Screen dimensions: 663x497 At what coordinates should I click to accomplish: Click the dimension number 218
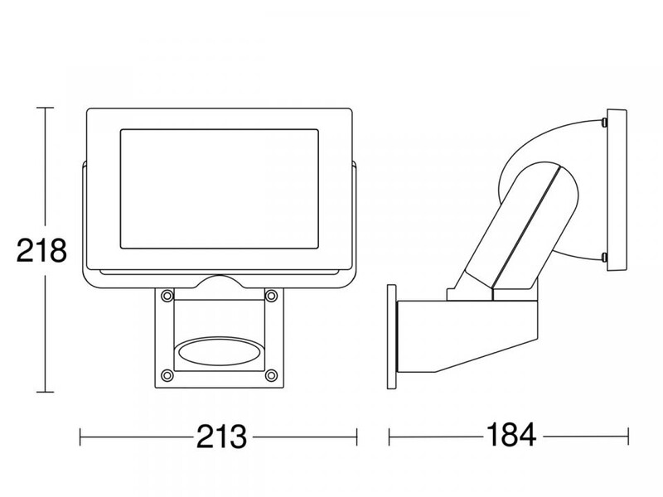(41, 250)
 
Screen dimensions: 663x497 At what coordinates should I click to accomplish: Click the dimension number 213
(221, 437)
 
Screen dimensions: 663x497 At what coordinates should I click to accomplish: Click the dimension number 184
(511, 435)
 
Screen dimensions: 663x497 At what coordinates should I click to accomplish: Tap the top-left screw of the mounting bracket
(167, 295)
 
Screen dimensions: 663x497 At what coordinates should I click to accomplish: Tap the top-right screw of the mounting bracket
(271, 295)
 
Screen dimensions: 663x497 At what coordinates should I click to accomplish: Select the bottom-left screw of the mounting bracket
(167, 375)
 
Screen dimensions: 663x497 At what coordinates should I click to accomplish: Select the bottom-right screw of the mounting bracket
(271, 375)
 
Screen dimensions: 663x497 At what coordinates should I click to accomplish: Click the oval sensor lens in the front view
(219, 351)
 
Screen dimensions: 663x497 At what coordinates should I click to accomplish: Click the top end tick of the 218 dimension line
(45, 108)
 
